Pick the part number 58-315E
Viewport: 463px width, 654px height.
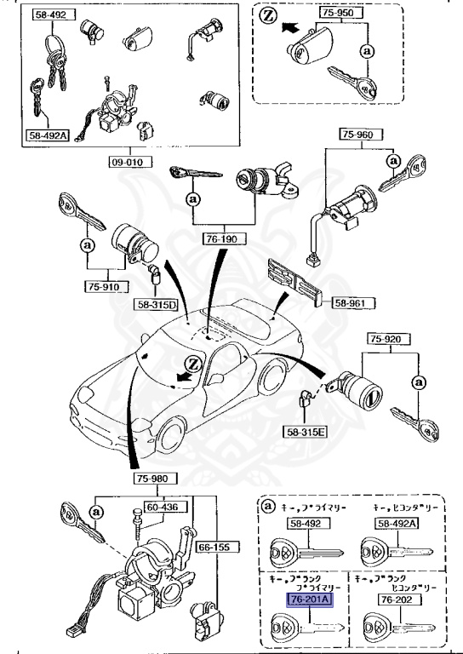pos(307,433)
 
